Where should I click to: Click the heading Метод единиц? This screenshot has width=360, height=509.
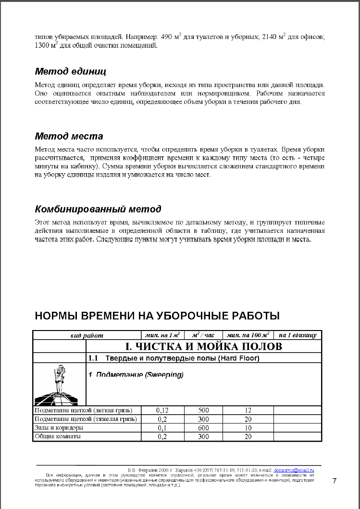point(70,72)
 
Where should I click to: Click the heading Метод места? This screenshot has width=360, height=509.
point(69,136)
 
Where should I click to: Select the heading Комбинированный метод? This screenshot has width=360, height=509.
point(98,209)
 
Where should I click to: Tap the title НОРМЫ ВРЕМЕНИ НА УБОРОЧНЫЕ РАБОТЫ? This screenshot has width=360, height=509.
point(157,316)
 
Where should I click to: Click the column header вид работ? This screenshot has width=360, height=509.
point(87,335)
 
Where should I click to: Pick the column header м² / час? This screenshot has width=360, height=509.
point(203,335)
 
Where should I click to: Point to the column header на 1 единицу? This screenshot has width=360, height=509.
point(298,335)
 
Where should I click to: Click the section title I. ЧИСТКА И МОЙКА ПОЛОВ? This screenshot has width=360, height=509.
point(203,346)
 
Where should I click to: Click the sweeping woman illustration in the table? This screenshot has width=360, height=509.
point(59,385)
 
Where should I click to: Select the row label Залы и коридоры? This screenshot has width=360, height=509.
point(59,428)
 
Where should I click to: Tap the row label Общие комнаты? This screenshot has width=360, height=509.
point(57,436)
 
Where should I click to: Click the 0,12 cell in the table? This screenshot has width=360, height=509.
point(162,410)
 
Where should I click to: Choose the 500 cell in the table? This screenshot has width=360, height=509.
point(203,410)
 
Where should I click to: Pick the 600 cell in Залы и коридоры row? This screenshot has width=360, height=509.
point(203,428)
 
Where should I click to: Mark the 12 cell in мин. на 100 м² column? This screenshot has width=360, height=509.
point(248,410)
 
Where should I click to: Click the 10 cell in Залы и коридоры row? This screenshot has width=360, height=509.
point(248,428)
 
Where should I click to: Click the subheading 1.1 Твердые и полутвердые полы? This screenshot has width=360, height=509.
point(174,358)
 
